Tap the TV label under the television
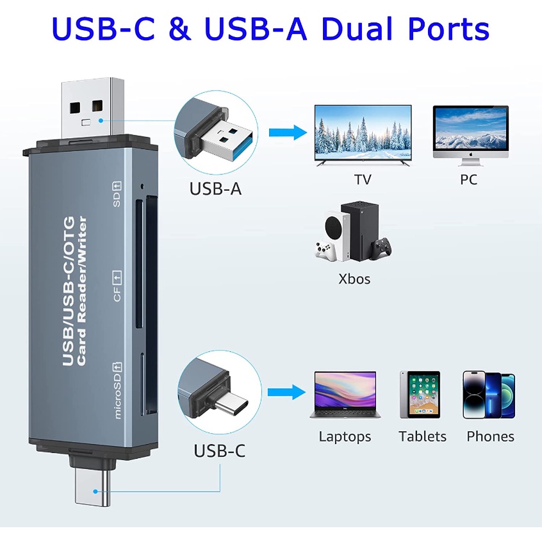[363, 179]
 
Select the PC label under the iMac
[469, 179]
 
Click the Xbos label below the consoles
[354, 279]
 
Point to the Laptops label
[345, 437]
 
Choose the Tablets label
[422, 436]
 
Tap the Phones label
[490, 436]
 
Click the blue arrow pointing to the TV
[288, 133]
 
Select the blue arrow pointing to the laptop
[287, 392]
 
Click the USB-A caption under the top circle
[215, 189]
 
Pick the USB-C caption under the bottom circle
[220, 451]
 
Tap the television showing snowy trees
[363, 135]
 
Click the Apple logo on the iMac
[470, 154]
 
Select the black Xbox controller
[381, 247]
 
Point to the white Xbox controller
[325, 250]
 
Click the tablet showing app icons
[420, 395]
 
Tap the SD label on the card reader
[117, 194]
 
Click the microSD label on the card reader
[117, 391]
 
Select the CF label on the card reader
[117, 286]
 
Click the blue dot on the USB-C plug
[95, 491]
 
